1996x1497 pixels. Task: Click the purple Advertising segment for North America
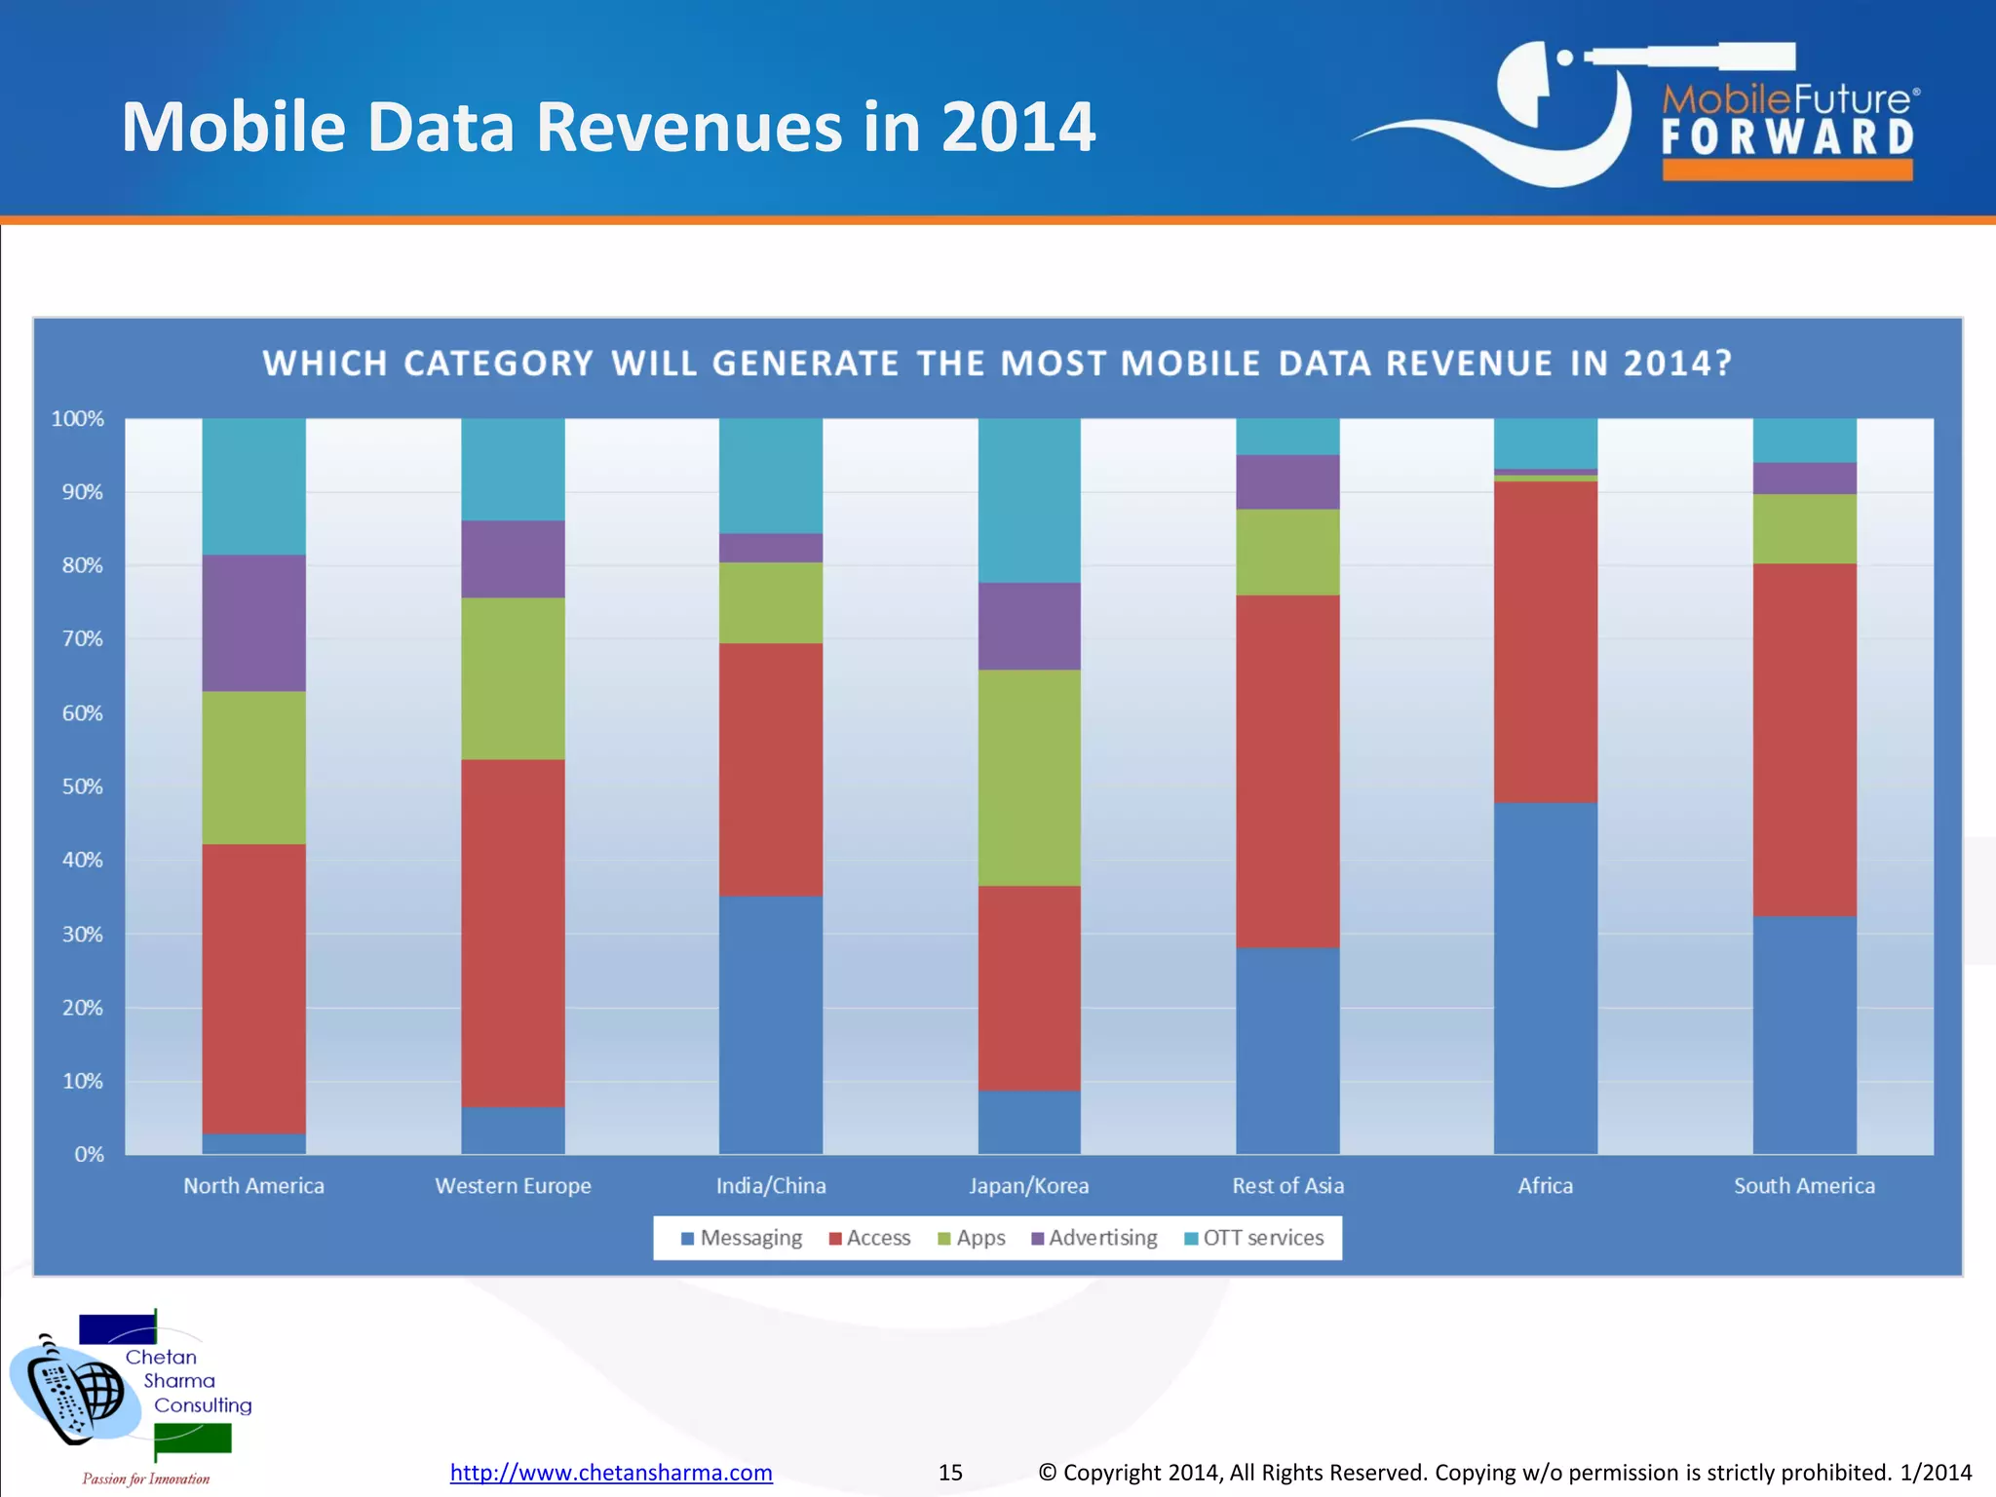[x=253, y=623]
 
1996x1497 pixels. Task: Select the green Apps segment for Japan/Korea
[x=1029, y=777]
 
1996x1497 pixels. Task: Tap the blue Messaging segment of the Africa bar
[x=1545, y=978]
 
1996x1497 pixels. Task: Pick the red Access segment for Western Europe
[x=513, y=933]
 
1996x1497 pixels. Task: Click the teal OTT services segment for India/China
[x=771, y=476]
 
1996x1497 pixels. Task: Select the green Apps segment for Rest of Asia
[x=1287, y=552]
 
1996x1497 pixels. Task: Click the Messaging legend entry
[x=742, y=1238]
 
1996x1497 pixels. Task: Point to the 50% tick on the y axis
[x=83, y=787]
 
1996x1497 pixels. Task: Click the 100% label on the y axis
[x=78, y=419]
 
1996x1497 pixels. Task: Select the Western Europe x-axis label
[x=513, y=1186]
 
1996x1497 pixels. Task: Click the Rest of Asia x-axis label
[x=1287, y=1186]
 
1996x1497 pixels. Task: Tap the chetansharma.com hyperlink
[x=611, y=1472]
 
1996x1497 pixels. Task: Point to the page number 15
[x=950, y=1472]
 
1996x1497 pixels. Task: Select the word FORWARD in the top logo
[x=1787, y=137]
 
